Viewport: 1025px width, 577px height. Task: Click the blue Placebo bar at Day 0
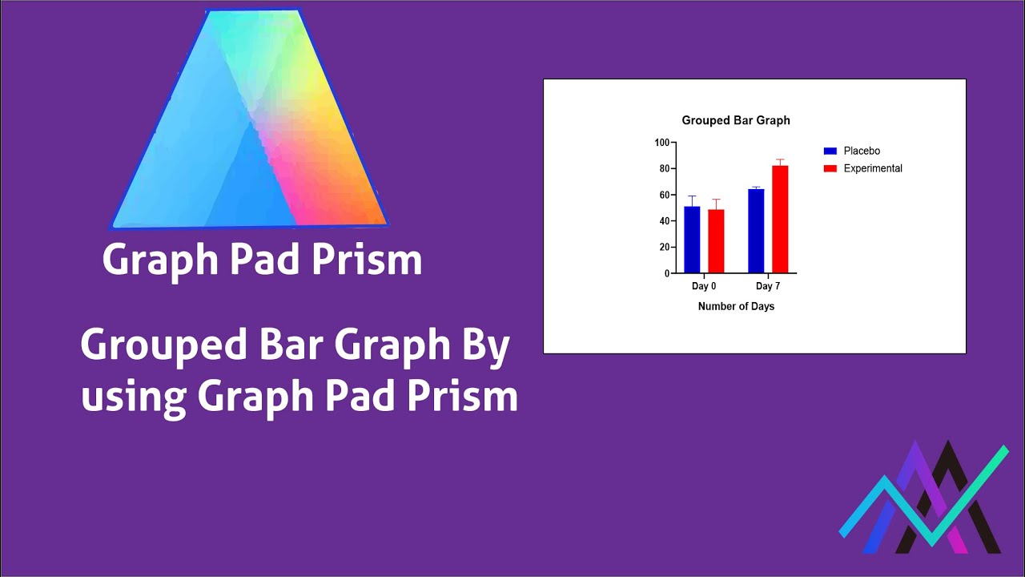click(x=692, y=240)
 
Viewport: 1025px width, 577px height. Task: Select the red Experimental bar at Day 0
click(x=716, y=241)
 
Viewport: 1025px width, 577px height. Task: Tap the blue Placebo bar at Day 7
click(x=756, y=231)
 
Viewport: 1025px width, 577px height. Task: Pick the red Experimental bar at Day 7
click(x=780, y=220)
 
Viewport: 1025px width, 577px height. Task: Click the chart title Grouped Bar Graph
click(x=736, y=120)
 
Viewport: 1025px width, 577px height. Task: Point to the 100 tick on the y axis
click(x=661, y=143)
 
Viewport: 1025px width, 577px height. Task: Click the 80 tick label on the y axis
click(x=664, y=168)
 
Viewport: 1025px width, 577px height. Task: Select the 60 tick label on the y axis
click(x=664, y=195)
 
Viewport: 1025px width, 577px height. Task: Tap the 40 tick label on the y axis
click(x=664, y=221)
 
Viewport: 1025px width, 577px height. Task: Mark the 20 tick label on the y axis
click(x=664, y=247)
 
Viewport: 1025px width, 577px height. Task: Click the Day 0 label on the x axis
click(x=704, y=286)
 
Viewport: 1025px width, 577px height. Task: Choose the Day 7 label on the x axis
click(x=768, y=286)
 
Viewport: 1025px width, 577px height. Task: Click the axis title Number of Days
click(x=736, y=306)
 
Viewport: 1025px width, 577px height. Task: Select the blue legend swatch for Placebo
click(x=830, y=151)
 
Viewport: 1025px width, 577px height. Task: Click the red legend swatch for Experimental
click(x=830, y=168)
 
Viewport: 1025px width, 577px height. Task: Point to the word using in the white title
click(x=134, y=396)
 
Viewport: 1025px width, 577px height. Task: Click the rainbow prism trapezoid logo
click(x=250, y=120)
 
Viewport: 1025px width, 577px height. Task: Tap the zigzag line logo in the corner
click(x=924, y=501)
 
